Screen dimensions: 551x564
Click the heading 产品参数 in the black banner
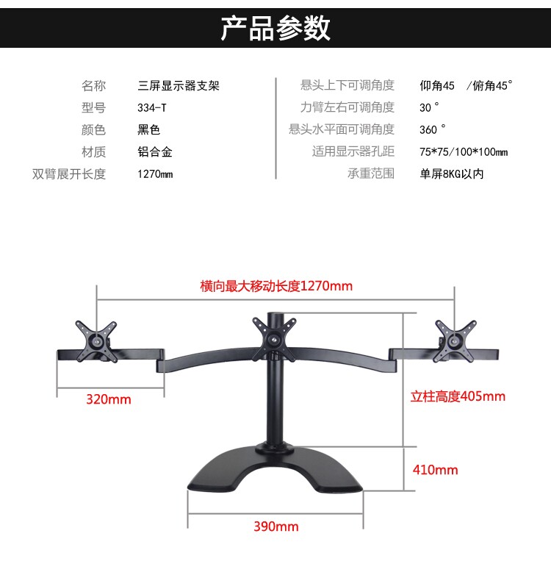click(x=275, y=27)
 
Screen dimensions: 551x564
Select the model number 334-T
click(x=152, y=107)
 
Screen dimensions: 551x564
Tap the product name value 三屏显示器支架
click(x=179, y=85)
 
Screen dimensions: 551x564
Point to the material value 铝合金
click(x=155, y=152)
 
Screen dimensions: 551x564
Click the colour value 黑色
click(x=148, y=130)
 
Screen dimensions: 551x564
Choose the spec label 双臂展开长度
click(x=69, y=174)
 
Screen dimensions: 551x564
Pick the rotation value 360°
click(x=432, y=129)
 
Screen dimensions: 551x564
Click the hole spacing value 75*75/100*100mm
click(x=463, y=152)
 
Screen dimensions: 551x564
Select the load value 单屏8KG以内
click(x=451, y=174)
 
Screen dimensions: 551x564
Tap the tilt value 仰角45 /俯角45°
click(x=465, y=85)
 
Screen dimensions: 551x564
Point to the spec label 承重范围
click(x=371, y=174)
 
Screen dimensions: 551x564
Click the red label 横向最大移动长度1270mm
click(x=276, y=285)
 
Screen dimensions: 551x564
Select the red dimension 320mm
click(x=108, y=399)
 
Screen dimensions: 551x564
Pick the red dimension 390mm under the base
click(x=275, y=526)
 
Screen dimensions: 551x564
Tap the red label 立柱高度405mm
click(x=458, y=397)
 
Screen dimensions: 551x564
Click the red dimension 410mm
click(x=435, y=470)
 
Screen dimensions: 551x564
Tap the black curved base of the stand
click(x=275, y=474)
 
